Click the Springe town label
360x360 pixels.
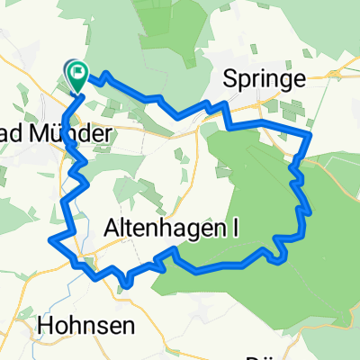click(264, 78)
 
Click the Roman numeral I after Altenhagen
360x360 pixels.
click(237, 229)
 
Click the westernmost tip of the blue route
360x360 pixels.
click(50, 240)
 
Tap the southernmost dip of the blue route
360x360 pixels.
click(128, 284)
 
